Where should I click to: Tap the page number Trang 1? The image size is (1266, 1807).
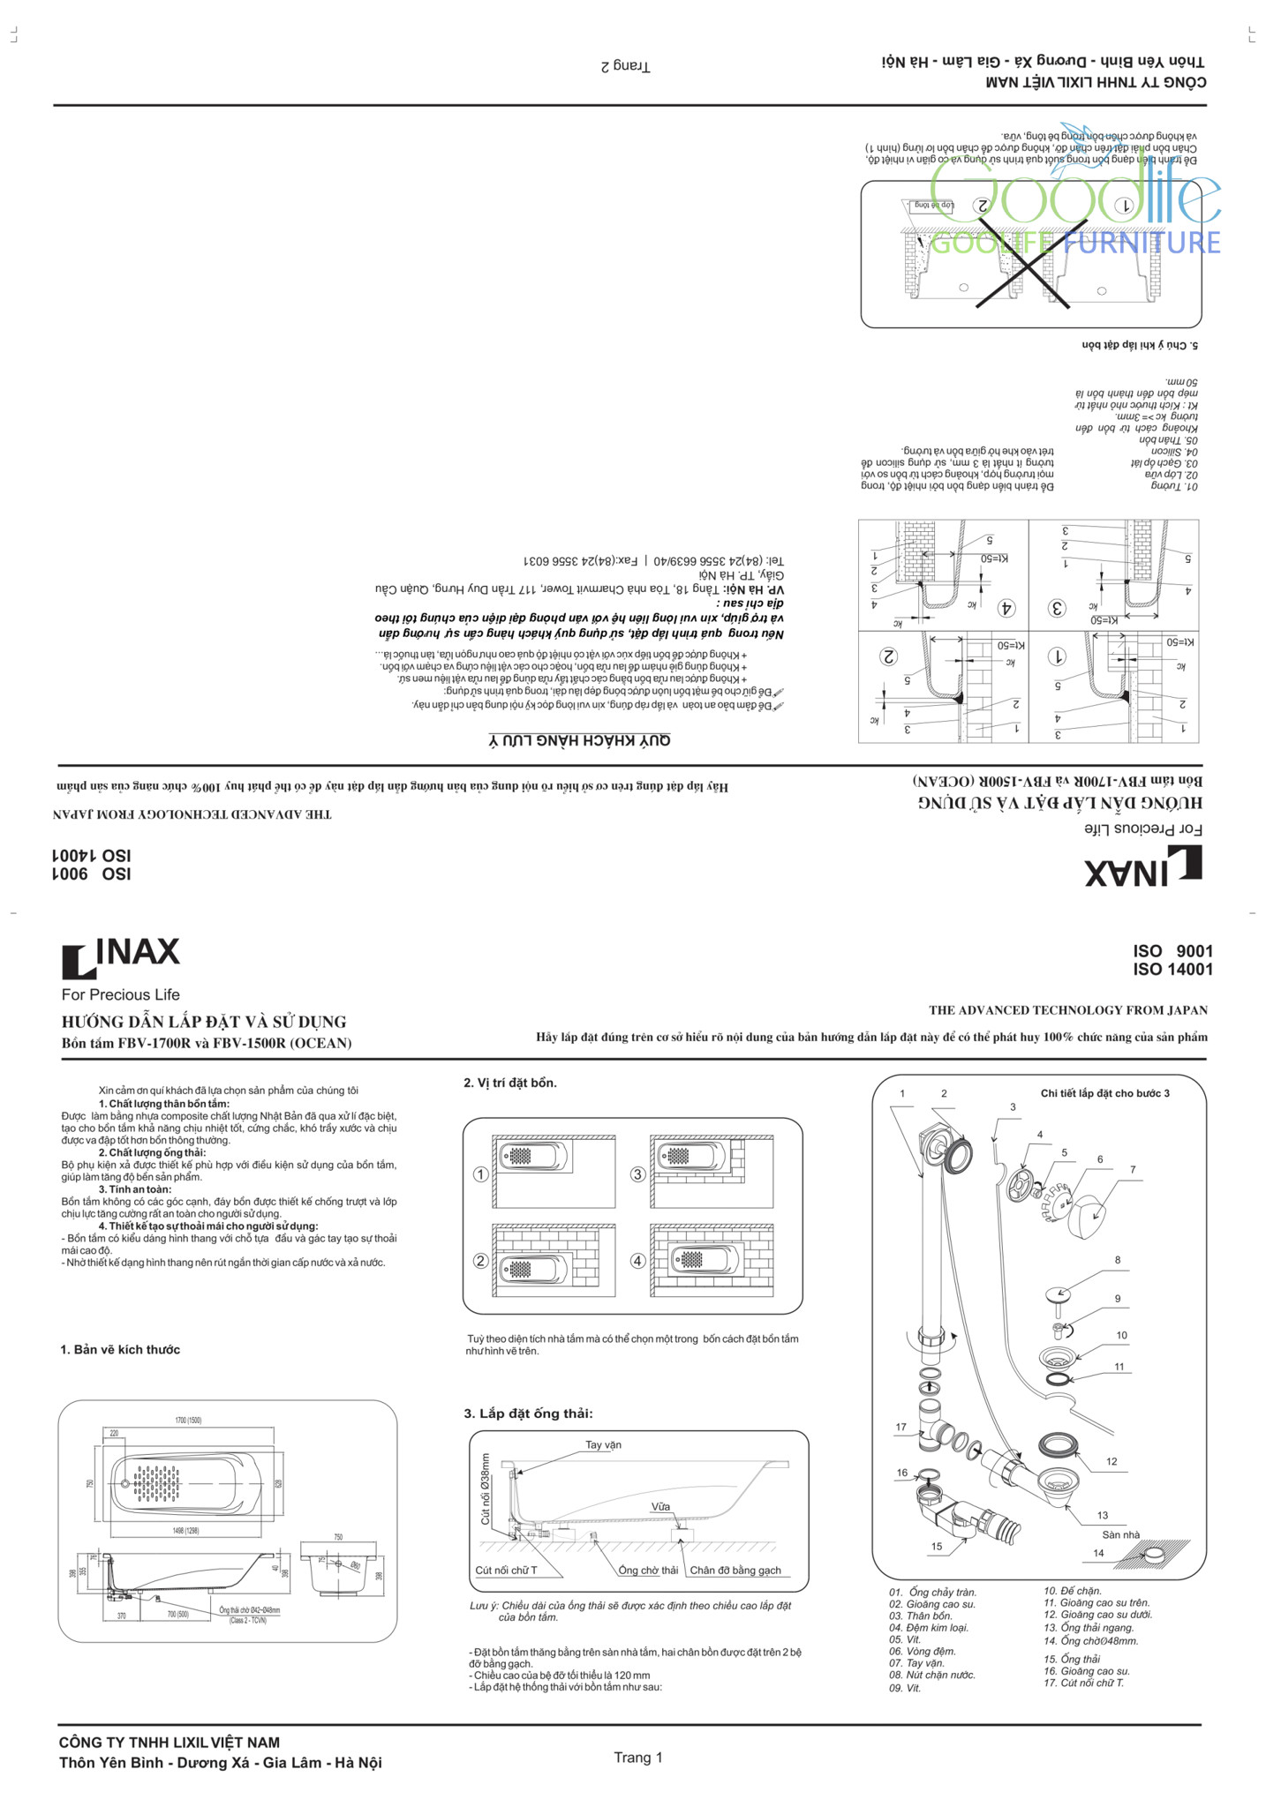point(637,1757)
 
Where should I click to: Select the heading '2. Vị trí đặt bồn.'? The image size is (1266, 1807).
point(510,1083)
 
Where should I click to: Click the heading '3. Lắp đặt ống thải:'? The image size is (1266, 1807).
point(528,1413)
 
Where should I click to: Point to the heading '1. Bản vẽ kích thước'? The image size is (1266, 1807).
point(120,1349)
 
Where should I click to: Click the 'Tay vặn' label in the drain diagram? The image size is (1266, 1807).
point(603,1444)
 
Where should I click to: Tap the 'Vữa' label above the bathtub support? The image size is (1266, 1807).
point(660,1506)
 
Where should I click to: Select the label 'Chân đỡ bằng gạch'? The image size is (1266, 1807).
point(735,1570)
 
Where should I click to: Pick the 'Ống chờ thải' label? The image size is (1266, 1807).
point(648,1570)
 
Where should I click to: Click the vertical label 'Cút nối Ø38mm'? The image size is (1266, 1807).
point(485,1488)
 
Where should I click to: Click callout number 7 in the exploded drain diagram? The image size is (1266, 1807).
point(1133,1170)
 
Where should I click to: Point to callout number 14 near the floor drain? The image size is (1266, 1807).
point(1098,1553)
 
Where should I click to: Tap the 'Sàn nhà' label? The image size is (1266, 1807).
point(1120,1534)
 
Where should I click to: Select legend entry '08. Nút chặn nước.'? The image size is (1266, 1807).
point(931,1675)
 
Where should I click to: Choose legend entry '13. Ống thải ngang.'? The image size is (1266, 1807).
point(1089,1628)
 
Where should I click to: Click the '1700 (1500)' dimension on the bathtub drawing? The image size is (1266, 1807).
point(187,1421)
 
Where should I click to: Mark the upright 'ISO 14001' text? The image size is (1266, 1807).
point(1172,970)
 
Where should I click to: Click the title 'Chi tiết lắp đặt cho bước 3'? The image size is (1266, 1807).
point(1104,1093)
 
